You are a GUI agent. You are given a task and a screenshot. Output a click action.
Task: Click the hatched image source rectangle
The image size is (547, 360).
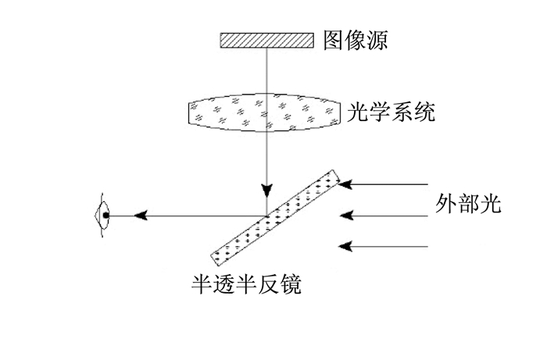[x=266, y=40]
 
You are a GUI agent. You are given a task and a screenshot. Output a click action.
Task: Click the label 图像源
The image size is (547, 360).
[x=356, y=40]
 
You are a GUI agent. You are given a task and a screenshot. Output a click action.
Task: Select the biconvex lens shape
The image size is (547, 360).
[x=264, y=112]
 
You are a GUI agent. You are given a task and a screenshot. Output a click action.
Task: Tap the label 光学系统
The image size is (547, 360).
[x=391, y=112]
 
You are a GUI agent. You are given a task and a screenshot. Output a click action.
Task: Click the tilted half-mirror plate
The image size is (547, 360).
[x=275, y=218]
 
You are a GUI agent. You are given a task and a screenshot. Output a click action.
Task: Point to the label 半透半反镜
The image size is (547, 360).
[x=246, y=284]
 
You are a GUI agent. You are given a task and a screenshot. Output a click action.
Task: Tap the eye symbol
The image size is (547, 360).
[x=102, y=216]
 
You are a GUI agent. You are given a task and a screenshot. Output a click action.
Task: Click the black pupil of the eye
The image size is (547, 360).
[x=105, y=216]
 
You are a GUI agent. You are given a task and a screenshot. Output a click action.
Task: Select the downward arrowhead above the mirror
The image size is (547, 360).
[x=267, y=191]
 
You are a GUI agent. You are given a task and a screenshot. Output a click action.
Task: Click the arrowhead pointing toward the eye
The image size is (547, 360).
[x=141, y=216]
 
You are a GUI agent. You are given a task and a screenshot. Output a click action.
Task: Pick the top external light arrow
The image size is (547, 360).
[x=383, y=184]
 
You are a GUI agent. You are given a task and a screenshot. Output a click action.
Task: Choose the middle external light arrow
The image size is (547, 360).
[x=384, y=216]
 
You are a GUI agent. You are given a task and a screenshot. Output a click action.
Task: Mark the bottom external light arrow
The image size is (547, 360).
[x=383, y=247]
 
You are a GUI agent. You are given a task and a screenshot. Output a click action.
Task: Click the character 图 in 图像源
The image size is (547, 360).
[x=334, y=40]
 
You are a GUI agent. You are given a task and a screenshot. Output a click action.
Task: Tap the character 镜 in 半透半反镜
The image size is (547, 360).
[x=290, y=284]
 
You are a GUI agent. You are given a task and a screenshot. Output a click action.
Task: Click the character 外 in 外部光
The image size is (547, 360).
[x=446, y=204]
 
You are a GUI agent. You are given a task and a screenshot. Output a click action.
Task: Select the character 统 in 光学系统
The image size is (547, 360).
[x=425, y=112]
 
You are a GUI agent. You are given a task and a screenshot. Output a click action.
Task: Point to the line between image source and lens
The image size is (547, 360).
[x=267, y=70]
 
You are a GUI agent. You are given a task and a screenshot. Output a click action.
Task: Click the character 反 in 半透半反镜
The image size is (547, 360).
[x=268, y=284]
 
